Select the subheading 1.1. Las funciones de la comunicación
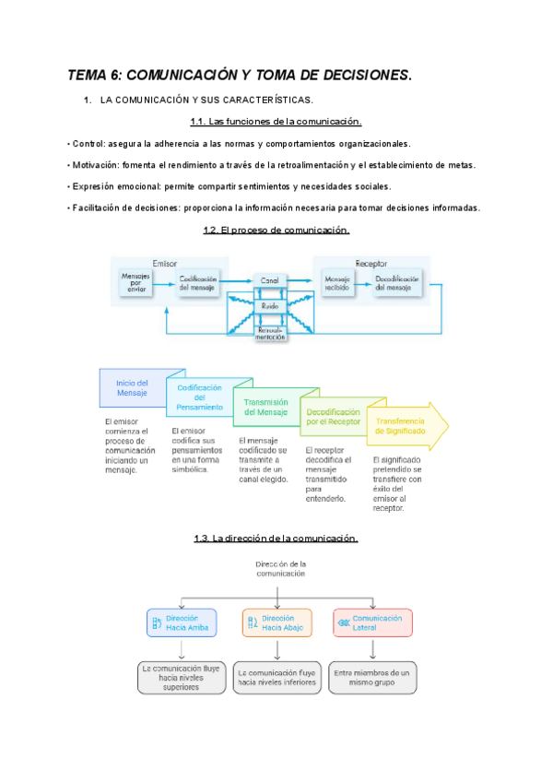(276, 122)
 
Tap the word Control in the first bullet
(88, 144)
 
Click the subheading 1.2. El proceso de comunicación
(276, 230)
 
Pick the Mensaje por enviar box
(136, 283)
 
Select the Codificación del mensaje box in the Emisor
(198, 283)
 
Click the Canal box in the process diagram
(269, 279)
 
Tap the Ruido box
(269, 305)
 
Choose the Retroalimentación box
(269, 334)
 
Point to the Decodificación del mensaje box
(398, 283)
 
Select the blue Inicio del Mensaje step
(132, 388)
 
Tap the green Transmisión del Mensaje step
(266, 407)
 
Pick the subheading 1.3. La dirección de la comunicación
(276, 539)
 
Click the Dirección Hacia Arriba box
(182, 622)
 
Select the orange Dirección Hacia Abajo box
(276, 622)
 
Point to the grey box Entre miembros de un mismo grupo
(373, 678)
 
